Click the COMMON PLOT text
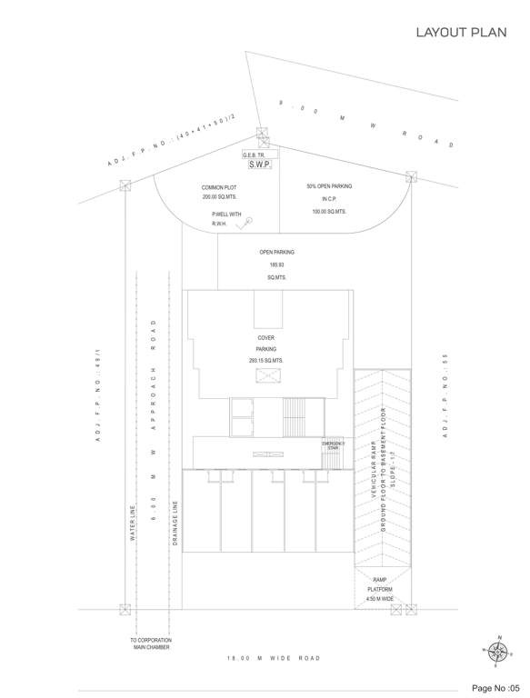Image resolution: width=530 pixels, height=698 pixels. (219, 188)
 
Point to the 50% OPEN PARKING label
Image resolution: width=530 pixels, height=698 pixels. (328, 185)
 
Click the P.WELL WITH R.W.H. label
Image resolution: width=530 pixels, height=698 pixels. (225, 219)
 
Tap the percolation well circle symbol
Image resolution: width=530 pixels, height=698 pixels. (248, 220)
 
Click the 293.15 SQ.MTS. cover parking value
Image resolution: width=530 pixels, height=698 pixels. (265, 361)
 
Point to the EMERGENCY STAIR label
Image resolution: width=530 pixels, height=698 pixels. (333, 445)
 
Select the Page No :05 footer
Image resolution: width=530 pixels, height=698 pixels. (495, 686)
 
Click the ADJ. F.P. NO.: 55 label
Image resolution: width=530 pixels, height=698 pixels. (446, 399)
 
